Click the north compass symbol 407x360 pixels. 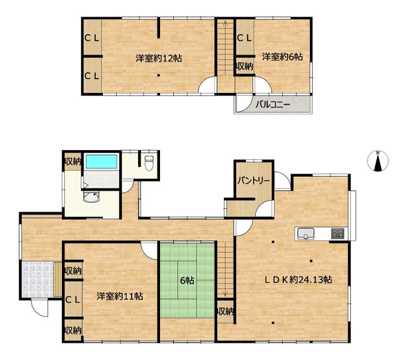click(x=378, y=161)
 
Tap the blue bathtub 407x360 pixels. click(x=101, y=162)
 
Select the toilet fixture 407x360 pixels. click(x=148, y=163)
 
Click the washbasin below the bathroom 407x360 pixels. click(x=91, y=197)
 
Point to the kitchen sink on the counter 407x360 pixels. click(x=306, y=233)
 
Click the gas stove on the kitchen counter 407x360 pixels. click(x=338, y=233)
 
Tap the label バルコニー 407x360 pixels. click(x=273, y=105)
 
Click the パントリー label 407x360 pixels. click(x=254, y=180)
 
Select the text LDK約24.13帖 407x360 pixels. click(x=298, y=280)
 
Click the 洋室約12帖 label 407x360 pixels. click(x=158, y=58)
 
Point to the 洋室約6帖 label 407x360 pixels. click(x=282, y=57)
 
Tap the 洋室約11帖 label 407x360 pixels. click(x=120, y=296)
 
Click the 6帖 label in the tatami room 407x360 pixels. click(x=187, y=280)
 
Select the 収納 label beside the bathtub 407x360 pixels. click(x=73, y=162)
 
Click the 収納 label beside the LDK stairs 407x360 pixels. click(x=226, y=311)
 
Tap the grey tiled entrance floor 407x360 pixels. click(x=37, y=279)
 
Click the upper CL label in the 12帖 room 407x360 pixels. click(x=92, y=38)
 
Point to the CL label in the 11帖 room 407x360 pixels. click(x=73, y=300)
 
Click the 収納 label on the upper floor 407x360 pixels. click(x=244, y=66)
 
